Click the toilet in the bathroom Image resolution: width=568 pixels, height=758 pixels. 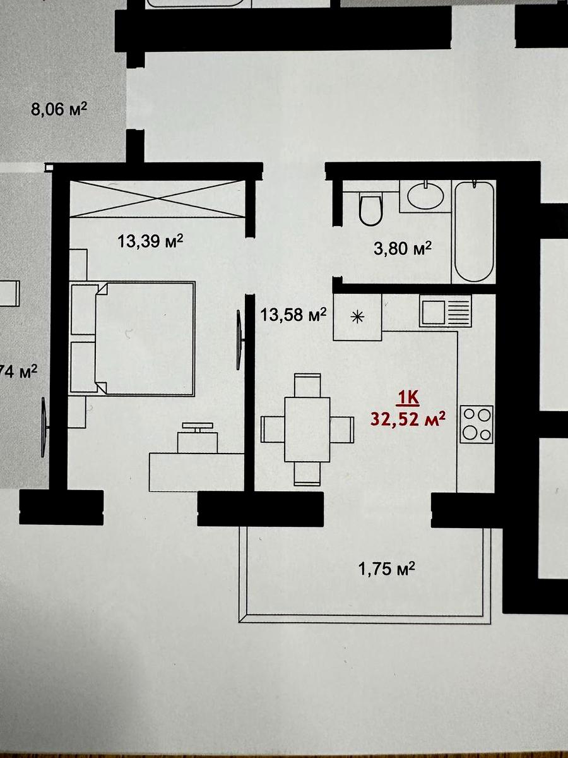[370, 208]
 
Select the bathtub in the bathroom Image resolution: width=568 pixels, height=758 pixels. [475, 231]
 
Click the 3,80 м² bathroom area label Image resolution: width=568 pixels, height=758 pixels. [403, 248]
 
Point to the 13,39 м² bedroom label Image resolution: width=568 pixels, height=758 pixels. [150, 241]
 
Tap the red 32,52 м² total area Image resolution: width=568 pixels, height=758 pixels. [408, 419]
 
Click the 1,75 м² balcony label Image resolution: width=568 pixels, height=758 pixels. [387, 568]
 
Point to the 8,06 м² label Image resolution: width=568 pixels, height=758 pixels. [59, 110]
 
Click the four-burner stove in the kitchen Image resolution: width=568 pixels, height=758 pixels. [477, 424]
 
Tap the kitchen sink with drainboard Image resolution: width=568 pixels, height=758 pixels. [445, 311]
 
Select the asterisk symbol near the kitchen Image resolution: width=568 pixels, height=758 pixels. [357, 316]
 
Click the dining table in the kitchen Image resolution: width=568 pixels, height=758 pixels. [307, 430]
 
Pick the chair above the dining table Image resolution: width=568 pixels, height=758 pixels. [307, 385]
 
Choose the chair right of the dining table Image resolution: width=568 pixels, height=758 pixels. [342, 430]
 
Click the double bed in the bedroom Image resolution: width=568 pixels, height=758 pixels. [133, 339]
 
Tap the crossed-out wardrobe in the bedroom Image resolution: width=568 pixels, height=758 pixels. [158, 199]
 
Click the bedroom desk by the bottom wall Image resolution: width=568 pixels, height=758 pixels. [197, 472]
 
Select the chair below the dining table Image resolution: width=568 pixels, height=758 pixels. [307, 474]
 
